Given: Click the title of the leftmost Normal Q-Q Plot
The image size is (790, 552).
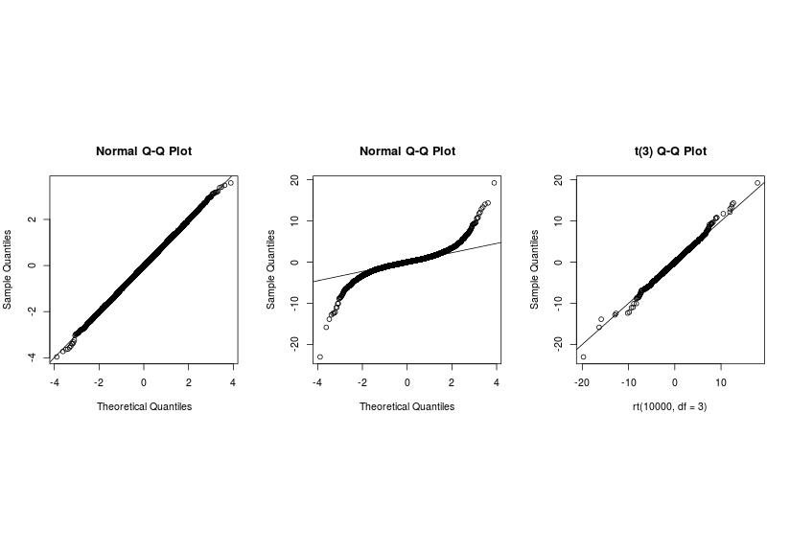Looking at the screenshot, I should (x=144, y=151).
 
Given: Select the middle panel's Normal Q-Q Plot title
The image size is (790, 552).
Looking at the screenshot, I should (x=407, y=151).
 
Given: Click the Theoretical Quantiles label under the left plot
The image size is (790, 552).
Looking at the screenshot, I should (x=144, y=406).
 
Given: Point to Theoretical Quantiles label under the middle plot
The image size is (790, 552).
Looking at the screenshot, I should (x=407, y=406).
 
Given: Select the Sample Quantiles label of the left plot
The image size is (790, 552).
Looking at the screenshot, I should (x=9, y=268).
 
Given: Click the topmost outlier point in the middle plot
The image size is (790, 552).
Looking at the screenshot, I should (x=494, y=183).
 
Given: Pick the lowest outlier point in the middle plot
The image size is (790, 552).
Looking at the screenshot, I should (x=320, y=356).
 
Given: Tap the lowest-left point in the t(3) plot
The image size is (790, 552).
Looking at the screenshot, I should (x=583, y=356).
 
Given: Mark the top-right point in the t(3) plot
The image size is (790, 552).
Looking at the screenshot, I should (x=757, y=183).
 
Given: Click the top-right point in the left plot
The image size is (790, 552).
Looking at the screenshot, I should (x=230, y=182).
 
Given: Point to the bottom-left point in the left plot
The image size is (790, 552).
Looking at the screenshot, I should (x=57, y=356).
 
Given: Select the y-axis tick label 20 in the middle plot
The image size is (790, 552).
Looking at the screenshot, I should (x=296, y=180).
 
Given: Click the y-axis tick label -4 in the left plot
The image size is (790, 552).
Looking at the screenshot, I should (x=34, y=356).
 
